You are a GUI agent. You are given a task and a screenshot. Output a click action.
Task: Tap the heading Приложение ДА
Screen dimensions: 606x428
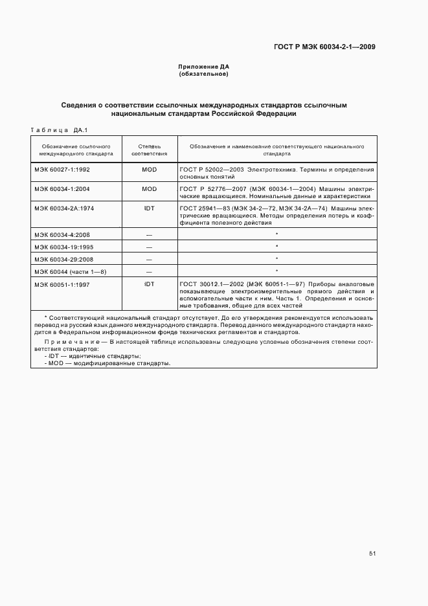click(204, 67)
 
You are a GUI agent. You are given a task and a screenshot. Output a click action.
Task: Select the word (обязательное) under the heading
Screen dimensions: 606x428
click(204, 74)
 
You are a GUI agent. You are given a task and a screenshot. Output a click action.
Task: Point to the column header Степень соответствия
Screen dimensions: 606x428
click(150, 150)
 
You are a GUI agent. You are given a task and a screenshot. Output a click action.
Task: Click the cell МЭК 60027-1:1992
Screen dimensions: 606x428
click(62, 170)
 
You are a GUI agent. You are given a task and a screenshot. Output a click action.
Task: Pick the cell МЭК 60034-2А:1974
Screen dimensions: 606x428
click(63, 208)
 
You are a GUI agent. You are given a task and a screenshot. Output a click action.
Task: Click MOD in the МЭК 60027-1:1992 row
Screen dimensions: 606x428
click(150, 170)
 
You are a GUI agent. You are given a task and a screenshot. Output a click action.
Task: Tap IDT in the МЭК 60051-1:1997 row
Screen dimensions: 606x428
click(150, 284)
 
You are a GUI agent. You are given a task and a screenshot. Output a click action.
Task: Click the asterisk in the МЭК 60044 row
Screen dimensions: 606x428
click(276, 271)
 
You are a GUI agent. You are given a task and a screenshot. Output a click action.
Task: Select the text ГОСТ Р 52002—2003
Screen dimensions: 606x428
click(208, 170)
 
